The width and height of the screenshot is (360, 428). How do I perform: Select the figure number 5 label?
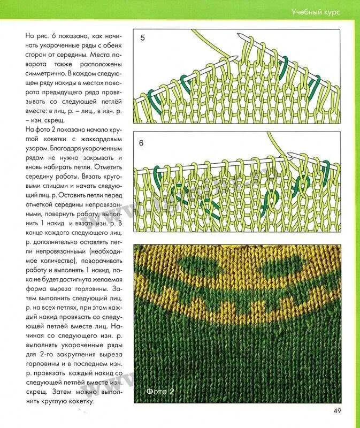(x=142, y=38)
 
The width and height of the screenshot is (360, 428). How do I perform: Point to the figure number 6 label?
(x=142, y=143)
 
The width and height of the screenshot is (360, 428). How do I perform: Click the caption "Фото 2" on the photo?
(x=160, y=392)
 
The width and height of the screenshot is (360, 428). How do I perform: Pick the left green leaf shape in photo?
(x=197, y=264)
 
